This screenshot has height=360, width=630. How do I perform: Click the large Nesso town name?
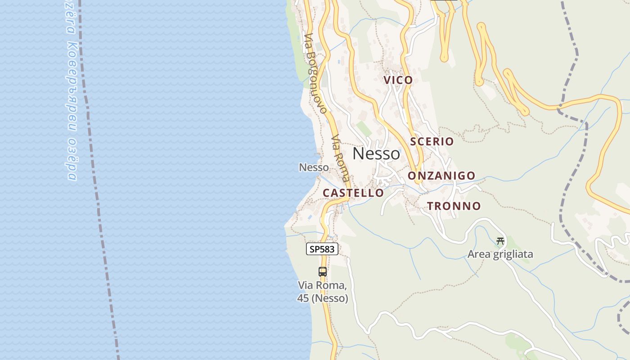point(376,154)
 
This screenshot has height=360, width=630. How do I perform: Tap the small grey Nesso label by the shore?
point(314,167)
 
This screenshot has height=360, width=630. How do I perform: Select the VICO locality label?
point(398,80)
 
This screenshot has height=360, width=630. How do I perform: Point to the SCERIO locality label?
point(432,141)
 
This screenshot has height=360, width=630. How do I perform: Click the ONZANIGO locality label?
point(441,175)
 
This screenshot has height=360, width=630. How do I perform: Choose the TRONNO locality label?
point(454,206)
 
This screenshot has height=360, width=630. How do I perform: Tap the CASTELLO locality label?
point(353,193)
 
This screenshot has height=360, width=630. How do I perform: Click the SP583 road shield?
point(322,249)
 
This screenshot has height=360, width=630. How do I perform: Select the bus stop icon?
point(323,271)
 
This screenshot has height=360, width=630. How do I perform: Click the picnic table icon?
point(500,241)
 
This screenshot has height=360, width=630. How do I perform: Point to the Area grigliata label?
point(500,254)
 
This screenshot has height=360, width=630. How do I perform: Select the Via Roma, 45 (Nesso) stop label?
point(322,292)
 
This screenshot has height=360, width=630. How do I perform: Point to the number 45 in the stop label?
point(302,298)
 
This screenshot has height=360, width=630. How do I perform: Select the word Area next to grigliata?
point(479,254)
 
